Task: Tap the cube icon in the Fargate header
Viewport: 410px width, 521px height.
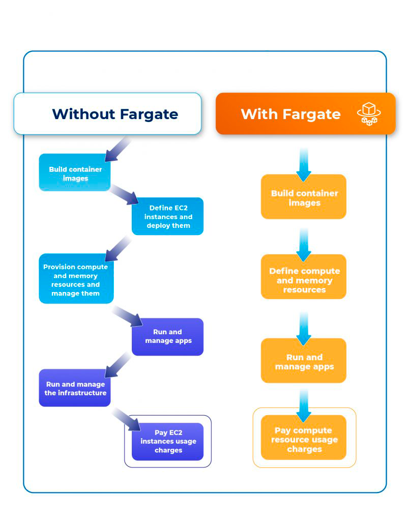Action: [x=369, y=113]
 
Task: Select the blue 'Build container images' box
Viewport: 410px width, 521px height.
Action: [x=75, y=173]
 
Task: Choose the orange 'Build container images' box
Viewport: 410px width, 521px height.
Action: [x=304, y=197]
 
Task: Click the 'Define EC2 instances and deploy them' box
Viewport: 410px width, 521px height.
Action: [x=168, y=216]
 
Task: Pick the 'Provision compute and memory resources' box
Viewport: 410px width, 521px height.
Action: [x=76, y=280]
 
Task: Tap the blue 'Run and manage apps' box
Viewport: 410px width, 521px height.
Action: [x=168, y=336]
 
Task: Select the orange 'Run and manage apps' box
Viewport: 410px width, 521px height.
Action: [x=304, y=361]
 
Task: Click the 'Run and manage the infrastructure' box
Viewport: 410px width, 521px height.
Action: [x=75, y=388]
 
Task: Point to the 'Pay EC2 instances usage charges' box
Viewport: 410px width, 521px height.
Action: [x=168, y=441]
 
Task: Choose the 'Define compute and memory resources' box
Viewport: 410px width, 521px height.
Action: [x=304, y=280]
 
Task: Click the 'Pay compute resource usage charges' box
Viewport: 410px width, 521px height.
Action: [x=304, y=440]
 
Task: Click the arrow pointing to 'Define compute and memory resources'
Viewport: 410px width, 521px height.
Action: [x=304, y=245]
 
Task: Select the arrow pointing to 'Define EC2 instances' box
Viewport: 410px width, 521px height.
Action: [x=124, y=195]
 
